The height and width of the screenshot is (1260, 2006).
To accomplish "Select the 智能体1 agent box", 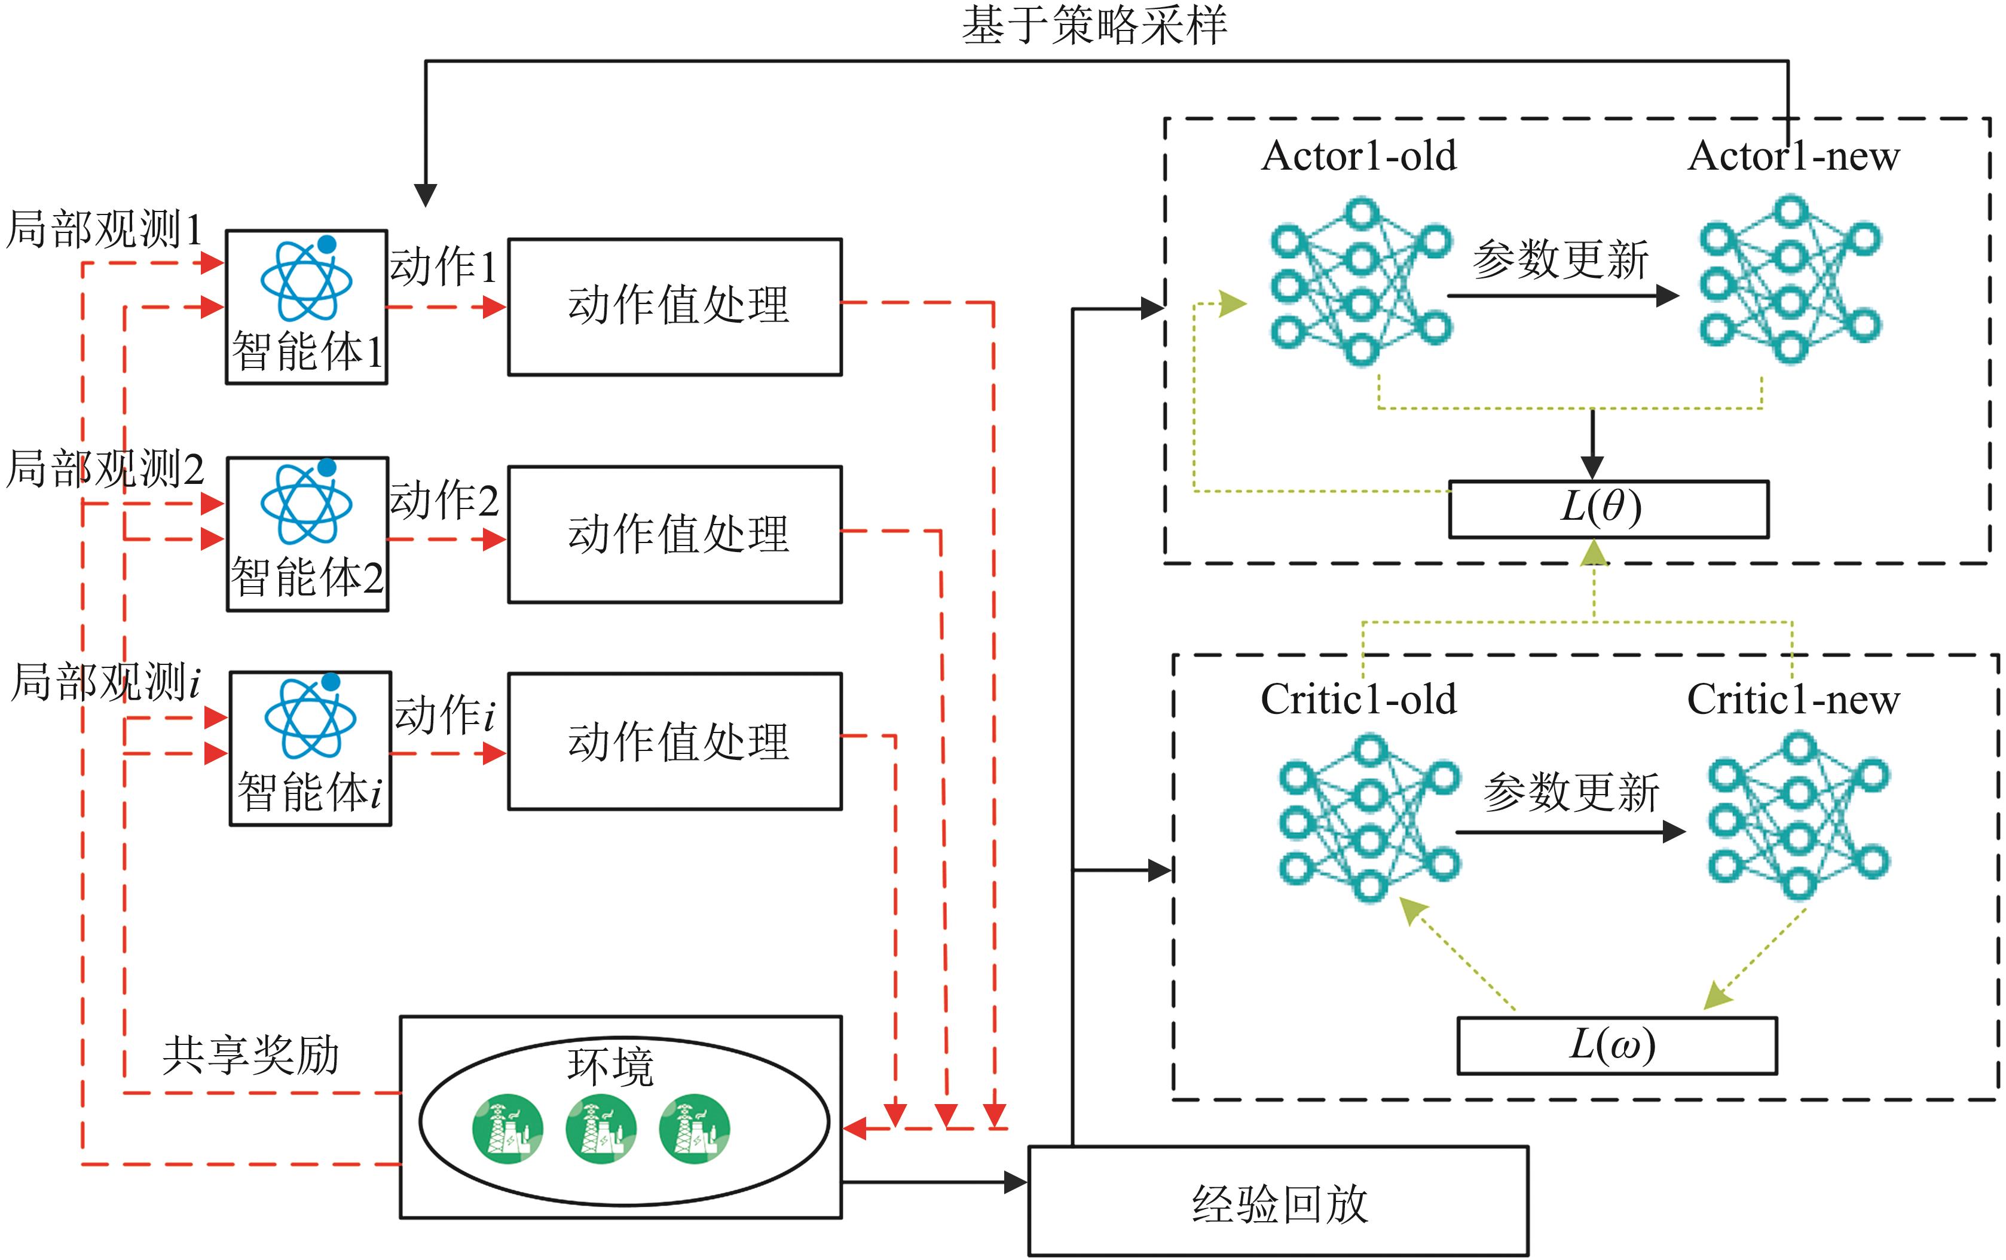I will click(307, 307).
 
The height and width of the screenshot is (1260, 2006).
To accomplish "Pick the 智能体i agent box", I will click(310, 749).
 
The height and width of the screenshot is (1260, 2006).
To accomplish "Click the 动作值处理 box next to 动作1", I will click(675, 306).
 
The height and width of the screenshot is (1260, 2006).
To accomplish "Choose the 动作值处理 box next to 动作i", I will click(675, 741).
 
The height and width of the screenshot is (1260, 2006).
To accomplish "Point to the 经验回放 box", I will click(1278, 1201).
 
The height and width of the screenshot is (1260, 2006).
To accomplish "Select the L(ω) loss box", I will click(1616, 1045).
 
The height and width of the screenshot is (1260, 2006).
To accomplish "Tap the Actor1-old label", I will click(1359, 156).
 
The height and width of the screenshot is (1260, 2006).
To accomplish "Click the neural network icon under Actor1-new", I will click(1790, 281).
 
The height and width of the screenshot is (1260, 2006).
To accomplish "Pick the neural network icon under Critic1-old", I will click(1369, 818).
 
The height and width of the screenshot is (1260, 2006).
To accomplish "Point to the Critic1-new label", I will click(1793, 700).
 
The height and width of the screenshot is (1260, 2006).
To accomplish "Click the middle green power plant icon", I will click(601, 1129).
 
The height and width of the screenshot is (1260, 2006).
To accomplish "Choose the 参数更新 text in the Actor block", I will click(1559, 259).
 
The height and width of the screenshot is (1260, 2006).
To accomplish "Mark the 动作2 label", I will click(444, 499).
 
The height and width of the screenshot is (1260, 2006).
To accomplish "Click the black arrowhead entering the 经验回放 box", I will click(1016, 1182).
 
